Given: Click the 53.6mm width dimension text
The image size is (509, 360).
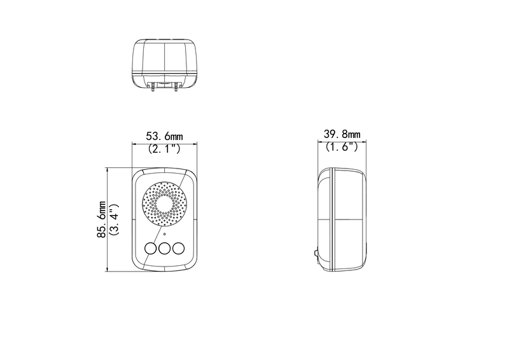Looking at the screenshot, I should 165,136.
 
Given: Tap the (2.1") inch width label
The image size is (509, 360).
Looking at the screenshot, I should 165,149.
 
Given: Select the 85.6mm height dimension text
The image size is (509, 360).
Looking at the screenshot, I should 102,219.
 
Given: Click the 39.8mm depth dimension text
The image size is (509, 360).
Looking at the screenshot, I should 342,134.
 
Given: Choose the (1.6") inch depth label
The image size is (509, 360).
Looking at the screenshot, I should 342,147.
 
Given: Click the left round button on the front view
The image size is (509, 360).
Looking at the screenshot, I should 151,249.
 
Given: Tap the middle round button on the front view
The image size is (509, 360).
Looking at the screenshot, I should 165,249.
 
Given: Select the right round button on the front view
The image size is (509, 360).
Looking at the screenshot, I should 179,249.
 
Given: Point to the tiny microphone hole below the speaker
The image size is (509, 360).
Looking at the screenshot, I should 165,234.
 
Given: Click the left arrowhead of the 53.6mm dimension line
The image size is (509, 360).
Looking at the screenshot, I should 134,143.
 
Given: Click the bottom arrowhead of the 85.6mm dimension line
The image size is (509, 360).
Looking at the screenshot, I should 107,270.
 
